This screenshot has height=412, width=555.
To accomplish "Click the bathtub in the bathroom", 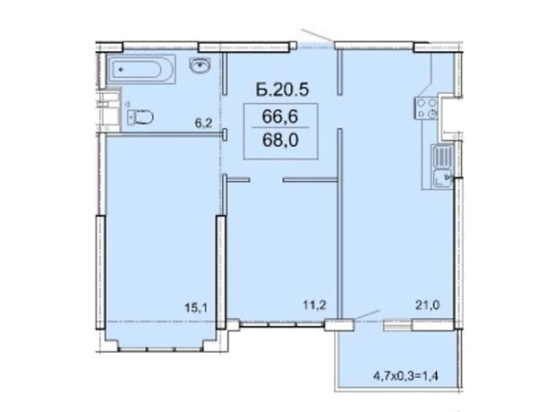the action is (141, 69).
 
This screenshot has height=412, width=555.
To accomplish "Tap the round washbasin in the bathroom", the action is (201, 64).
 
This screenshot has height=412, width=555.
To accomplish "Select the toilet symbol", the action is (141, 116).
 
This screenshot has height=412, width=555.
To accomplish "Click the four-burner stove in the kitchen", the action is (426, 108).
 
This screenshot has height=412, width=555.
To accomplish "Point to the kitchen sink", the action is (441, 167).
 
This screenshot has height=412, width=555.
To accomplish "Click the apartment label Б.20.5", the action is (283, 90).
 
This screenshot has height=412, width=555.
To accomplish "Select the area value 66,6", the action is (280, 116).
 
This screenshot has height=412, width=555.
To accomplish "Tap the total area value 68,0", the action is (280, 140).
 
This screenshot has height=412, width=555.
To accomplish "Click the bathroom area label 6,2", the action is (203, 124).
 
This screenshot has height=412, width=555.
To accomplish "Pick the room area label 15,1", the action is (196, 307).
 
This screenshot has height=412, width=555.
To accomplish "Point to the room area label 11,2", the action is (314, 305).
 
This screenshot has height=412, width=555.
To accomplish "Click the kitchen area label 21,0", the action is (428, 305).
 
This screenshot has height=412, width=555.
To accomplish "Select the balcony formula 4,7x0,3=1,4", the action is (406, 375).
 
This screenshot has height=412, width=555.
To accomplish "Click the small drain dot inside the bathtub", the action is (121, 70).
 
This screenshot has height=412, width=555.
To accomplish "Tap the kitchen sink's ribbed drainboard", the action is (441, 157).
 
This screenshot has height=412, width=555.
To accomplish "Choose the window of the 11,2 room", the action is (283, 324).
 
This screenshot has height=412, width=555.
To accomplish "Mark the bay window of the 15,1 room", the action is (161, 349).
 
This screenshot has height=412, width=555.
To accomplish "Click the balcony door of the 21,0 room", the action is (397, 325).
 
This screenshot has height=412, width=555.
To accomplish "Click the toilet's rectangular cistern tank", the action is (131, 117).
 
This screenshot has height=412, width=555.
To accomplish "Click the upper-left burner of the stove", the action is (422, 103).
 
